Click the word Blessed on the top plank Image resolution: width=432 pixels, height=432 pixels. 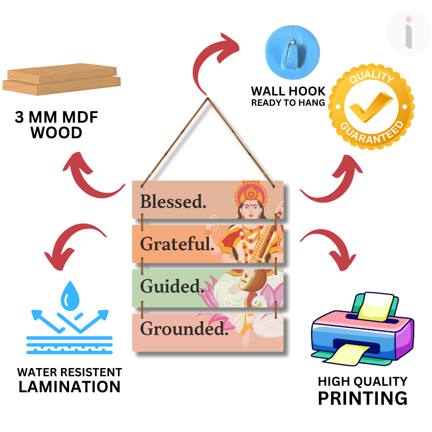[x=173, y=201]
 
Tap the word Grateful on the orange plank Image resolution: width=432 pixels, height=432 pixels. [x=177, y=244]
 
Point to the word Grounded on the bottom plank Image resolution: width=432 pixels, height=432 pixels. [x=184, y=329]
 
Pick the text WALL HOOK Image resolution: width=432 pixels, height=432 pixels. [x=288, y=91]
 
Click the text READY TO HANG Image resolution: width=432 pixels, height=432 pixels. [x=288, y=103]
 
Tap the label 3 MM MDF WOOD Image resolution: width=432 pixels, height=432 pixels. [x=56, y=125]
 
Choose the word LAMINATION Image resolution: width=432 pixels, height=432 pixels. [x=70, y=387]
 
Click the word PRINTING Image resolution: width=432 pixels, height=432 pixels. [x=362, y=398]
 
